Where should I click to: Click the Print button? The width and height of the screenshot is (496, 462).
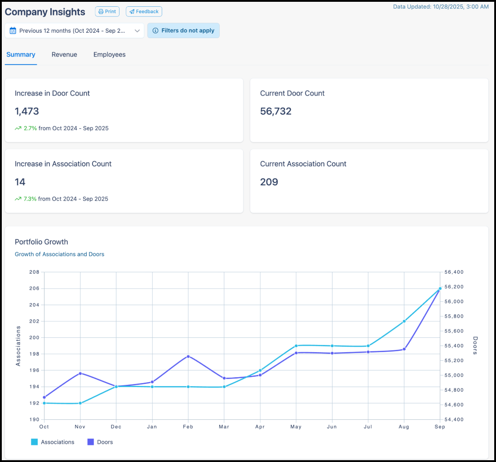[x=107, y=11]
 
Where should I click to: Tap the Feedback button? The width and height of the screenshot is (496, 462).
[x=144, y=11]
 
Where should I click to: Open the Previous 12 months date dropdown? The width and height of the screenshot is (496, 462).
[x=74, y=31]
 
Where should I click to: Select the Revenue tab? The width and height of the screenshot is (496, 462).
[x=64, y=55]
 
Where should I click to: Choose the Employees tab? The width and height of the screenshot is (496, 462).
[x=110, y=55]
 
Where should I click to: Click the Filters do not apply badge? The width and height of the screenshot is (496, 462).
[x=183, y=31]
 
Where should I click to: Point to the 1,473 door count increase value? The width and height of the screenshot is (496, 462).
[x=27, y=111]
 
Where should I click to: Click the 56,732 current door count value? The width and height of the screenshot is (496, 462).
[x=276, y=111]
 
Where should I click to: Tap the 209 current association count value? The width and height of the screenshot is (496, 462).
[x=269, y=182]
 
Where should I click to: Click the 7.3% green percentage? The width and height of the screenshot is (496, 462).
[x=30, y=199]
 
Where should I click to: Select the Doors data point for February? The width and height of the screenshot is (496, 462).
[x=188, y=357]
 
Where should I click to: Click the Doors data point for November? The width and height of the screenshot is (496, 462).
[x=80, y=374]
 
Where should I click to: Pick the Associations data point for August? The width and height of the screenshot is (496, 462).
[x=404, y=321]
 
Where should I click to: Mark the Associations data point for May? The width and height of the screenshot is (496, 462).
[x=296, y=346]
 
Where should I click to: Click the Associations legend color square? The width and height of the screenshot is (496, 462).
[x=34, y=442]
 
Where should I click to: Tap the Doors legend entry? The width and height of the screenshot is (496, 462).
[x=100, y=442]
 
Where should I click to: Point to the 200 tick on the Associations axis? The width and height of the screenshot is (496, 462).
[x=35, y=338]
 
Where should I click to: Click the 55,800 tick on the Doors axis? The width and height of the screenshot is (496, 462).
[x=454, y=316]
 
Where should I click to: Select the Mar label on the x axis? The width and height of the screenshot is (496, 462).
[x=224, y=427]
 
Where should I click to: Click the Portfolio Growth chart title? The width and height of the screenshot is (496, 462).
[x=41, y=242]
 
